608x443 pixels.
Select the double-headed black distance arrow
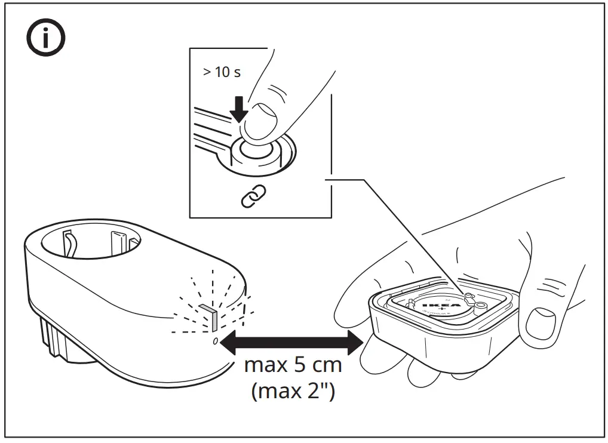coord(291,343)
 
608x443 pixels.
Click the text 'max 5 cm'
coord(293,365)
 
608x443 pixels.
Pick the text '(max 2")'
coord(293,391)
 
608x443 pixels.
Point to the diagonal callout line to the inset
coord(412,233)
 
